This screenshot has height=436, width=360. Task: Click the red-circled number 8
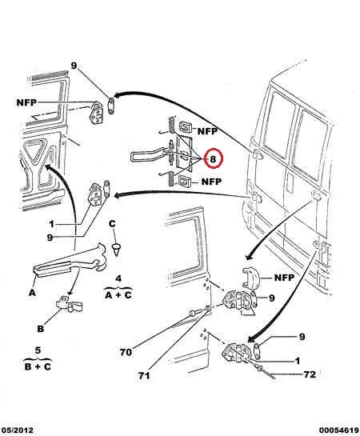click(213, 159)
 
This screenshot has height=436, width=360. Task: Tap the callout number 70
click(126, 352)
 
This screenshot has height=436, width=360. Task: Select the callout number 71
click(144, 376)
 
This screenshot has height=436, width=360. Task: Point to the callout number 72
click(310, 374)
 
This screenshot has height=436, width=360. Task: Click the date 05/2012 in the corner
click(17, 430)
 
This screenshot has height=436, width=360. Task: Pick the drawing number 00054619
click(339, 430)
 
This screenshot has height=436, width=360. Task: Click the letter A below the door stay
click(33, 293)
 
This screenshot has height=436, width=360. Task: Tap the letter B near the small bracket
click(41, 329)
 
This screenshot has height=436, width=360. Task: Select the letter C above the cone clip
click(112, 224)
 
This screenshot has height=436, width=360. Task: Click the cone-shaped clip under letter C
click(117, 250)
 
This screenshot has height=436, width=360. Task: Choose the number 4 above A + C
click(118, 278)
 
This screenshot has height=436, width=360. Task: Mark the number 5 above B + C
click(38, 350)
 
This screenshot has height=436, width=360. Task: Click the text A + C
click(118, 294)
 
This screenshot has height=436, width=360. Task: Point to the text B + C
click(38, 366)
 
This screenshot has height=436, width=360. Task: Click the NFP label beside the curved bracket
click(284, 278)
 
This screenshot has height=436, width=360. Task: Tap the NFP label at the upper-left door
click(26, 102)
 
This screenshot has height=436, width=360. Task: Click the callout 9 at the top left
click(74, 66)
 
